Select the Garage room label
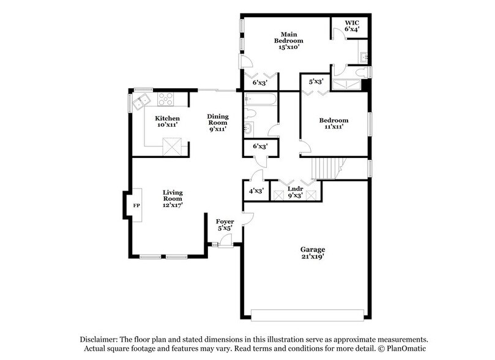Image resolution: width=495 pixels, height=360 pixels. pos(312,249)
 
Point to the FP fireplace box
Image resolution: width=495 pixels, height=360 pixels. pos(136,205)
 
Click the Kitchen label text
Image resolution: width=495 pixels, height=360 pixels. pos(167,118)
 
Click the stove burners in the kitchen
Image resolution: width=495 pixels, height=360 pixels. pos(166,98)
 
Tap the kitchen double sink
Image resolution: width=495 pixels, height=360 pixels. pos(145,99)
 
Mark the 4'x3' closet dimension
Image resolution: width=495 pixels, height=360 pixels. pos(255,191)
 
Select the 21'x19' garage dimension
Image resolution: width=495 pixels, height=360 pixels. pos(312,257)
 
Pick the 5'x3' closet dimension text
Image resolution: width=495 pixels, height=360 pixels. pos(316,81)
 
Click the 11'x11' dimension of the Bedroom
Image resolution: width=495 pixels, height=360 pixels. pos(333,127)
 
